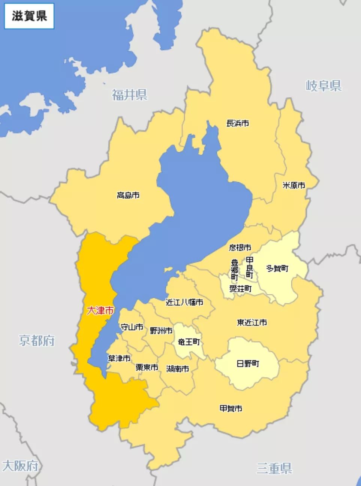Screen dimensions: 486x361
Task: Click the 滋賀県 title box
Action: click(x=29, y=16)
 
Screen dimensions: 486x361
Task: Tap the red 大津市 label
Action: click(x=100, y=310)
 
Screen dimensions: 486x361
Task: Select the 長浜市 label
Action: click(x=238, y=123)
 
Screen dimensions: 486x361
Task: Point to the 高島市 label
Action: click(x=128, y=195)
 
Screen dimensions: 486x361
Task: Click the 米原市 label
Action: click(x=294, y=185)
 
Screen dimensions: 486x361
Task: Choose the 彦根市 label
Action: click(x=240, y=247)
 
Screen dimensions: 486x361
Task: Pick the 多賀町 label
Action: click(x=277, y=268)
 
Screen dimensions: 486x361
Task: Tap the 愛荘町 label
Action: click(x=240, y=289)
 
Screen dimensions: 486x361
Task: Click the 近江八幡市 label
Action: click(x=184, y=302)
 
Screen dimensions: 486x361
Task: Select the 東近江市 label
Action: click(x=252, y=322)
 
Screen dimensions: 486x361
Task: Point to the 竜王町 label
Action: click(x=189, y=342)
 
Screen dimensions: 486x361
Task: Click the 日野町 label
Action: click(x=248, y=363)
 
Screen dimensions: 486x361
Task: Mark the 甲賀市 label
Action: click(x=231, y=408)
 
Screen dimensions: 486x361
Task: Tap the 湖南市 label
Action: click(x=177, y=369)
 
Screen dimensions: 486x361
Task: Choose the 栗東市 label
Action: click(x=147, y=368)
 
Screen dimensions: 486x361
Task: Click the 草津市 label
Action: click(x=119, y=358)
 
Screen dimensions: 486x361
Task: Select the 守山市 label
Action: click(x=132, y=327)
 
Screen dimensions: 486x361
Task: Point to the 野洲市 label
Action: click(x=161, y=331)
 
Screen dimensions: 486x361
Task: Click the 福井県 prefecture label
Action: click(x=129, y=95)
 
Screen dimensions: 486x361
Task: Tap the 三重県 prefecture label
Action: click(x=274, y=468)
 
